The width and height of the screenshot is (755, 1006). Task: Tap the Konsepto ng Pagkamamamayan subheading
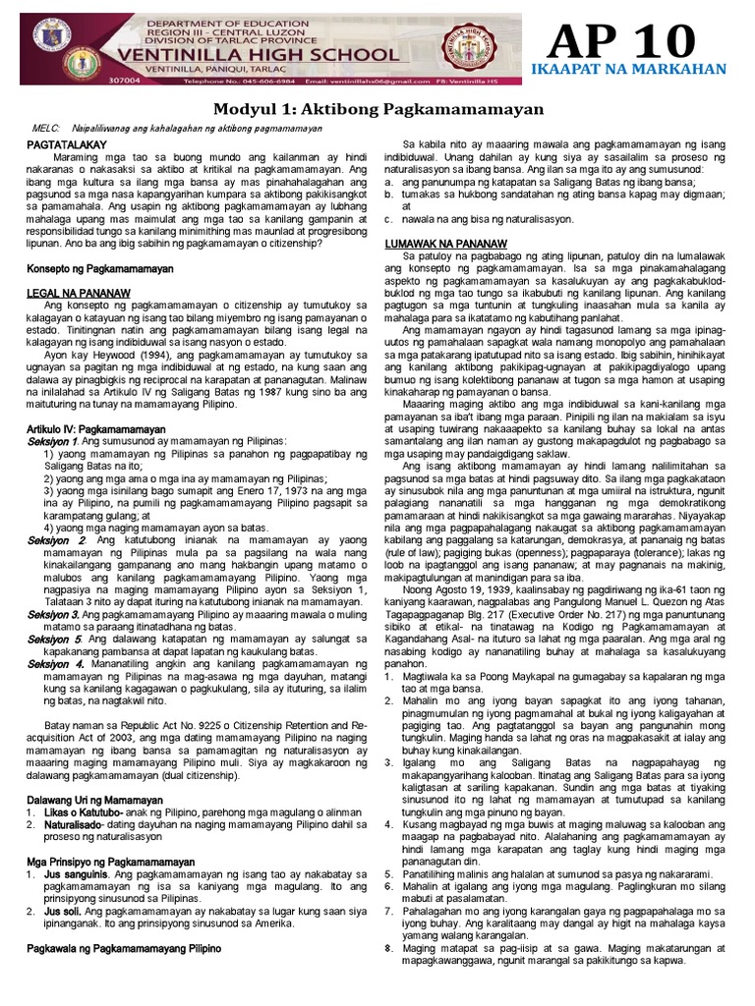[99, 268]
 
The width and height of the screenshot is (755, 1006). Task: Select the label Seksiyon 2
[56, 540]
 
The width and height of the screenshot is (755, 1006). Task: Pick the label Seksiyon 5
[56, 639]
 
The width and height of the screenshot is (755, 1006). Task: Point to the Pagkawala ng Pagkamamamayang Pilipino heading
[123, 948]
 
